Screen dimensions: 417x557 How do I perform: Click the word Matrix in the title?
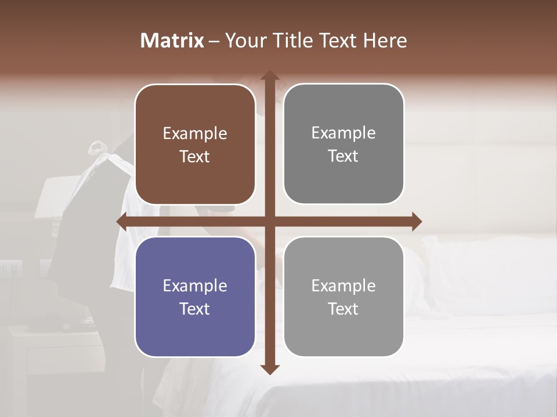(x=172, y=41)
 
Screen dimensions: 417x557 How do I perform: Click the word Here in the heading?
(x=385, y=41)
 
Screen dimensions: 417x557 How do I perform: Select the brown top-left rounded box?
(x=195, y=145)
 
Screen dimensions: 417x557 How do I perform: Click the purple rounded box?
(x=195, y=297)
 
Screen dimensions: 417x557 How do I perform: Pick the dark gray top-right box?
(x=343, y=144)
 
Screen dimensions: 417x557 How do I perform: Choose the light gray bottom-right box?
(x=343, y=297)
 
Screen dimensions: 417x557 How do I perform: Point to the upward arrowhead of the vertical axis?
(x=270, y=76)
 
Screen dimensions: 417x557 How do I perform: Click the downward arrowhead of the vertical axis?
(x=270, y=369)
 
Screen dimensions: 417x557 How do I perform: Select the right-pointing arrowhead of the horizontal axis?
(x=416, y=221)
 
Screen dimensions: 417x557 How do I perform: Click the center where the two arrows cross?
(x=270, y=221)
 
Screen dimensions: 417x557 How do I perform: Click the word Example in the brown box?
(x=195, y=134)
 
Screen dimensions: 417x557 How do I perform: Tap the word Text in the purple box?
(x=195, y=309)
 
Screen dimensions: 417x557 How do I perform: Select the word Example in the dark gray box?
(x=343, y=133)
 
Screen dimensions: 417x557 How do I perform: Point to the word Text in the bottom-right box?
(x=343, y=309)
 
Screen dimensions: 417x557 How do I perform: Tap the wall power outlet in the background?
(x=12, y=268)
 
